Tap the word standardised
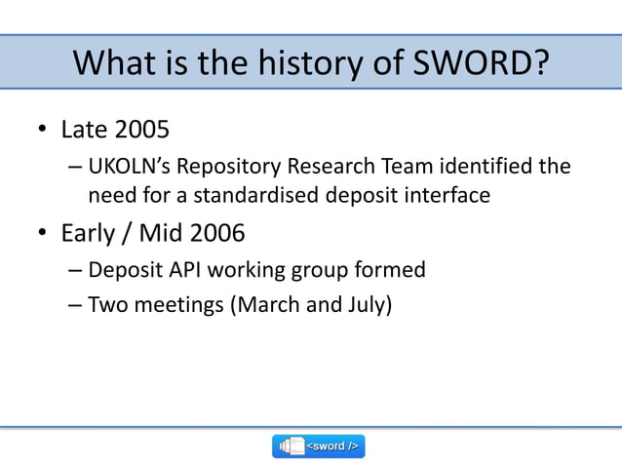pos(254,195)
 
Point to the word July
pos(366,305)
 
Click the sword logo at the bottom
pos(318,446)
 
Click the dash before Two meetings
pos(75,305)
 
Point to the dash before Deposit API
pos(75,269)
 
